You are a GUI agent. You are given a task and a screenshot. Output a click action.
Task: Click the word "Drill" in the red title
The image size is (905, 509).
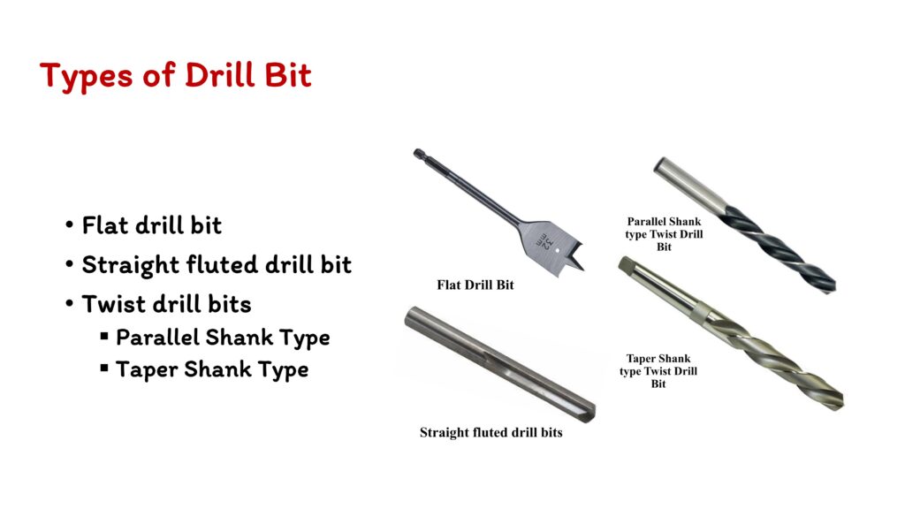tap(219, 75)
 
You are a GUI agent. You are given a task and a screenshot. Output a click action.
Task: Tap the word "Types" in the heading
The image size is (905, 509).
tap(86, 77)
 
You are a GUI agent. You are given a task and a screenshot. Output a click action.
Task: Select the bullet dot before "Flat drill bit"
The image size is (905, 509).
tap(69, 224)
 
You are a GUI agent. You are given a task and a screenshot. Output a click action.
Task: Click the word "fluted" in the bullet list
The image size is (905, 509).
tap(222, 265)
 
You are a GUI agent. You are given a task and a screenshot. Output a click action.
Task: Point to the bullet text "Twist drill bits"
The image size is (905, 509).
tap(166, 304)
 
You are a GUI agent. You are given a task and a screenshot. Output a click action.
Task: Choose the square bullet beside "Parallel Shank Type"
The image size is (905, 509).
tap(104, 336)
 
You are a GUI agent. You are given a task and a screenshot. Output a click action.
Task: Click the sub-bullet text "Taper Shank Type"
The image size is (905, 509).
tap(212, 370)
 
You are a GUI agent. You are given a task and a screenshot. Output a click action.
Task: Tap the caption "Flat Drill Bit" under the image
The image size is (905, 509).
tap(475, 285)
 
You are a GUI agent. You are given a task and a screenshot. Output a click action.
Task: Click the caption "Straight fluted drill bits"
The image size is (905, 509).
tap(491, 432)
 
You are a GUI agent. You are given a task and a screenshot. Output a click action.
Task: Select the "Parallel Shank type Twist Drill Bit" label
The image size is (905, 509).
tap(664, 233)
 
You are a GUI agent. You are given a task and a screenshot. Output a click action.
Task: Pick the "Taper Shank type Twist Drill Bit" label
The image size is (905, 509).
tap(658, 371)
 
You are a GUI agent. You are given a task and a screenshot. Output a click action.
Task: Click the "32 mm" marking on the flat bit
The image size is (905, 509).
tap(544, 239)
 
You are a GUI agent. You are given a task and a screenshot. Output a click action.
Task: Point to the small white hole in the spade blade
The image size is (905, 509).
tap(557, 250)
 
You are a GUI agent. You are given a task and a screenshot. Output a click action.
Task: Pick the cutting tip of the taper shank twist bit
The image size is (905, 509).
tap(834, 401)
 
